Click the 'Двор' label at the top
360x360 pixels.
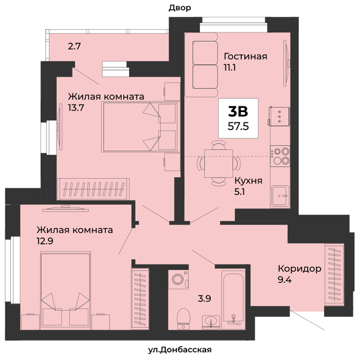180,8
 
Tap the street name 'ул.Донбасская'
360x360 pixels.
180,350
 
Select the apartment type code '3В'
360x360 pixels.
238,112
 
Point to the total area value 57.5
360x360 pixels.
238,127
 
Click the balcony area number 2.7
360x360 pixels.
75,47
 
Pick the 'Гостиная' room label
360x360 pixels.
245,56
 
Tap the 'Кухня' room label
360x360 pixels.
248,181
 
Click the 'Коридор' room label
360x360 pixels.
300,268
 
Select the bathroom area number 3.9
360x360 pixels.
204,298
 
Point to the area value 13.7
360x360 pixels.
76,107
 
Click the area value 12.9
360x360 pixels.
45,241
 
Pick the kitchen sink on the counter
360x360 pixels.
280,196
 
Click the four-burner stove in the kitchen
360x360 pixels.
280,156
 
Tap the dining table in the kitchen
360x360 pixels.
219,164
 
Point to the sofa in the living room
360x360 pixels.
202,65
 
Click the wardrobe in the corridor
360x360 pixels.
334,275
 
